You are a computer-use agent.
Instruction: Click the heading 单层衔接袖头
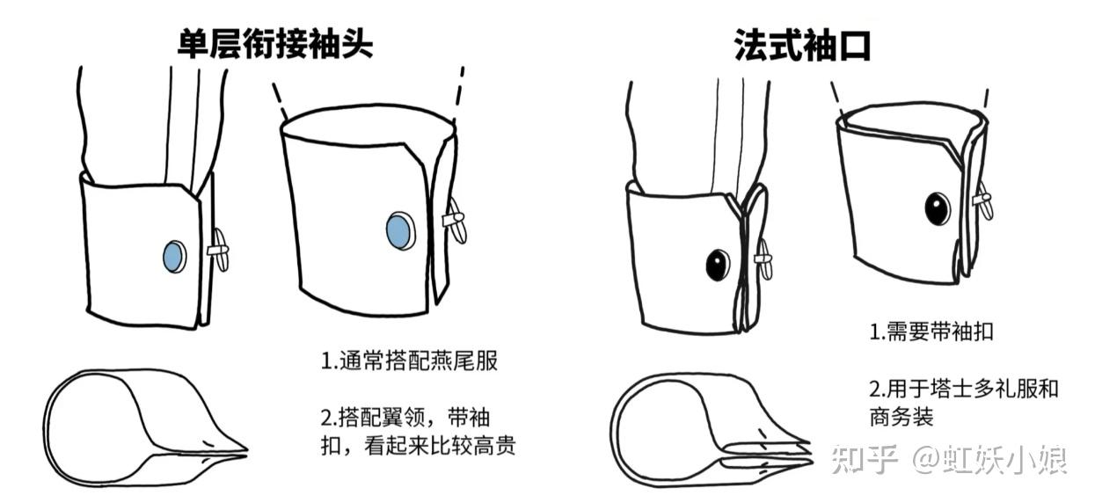tap(275, 43)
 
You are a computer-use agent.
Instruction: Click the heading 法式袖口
tap(802, 45)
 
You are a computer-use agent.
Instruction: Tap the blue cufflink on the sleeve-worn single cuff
tap(174, 256)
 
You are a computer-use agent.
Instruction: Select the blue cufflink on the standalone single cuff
tap(401, 230)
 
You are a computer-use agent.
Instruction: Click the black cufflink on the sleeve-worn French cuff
tap(718, 265)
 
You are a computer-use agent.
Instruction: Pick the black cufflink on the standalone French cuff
tap(938, 208)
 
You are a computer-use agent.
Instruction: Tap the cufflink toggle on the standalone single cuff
tap(456, 220)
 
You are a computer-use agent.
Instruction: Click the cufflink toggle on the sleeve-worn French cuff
tap(764, 259)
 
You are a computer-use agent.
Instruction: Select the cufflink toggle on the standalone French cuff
tap(983, 200)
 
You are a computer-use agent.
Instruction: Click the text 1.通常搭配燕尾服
tap(409, 361)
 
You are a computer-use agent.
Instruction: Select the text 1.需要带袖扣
tap(931, 332)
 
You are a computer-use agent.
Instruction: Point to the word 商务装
tap(902, 417)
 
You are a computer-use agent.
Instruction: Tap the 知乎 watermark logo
tap(865, 459)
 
